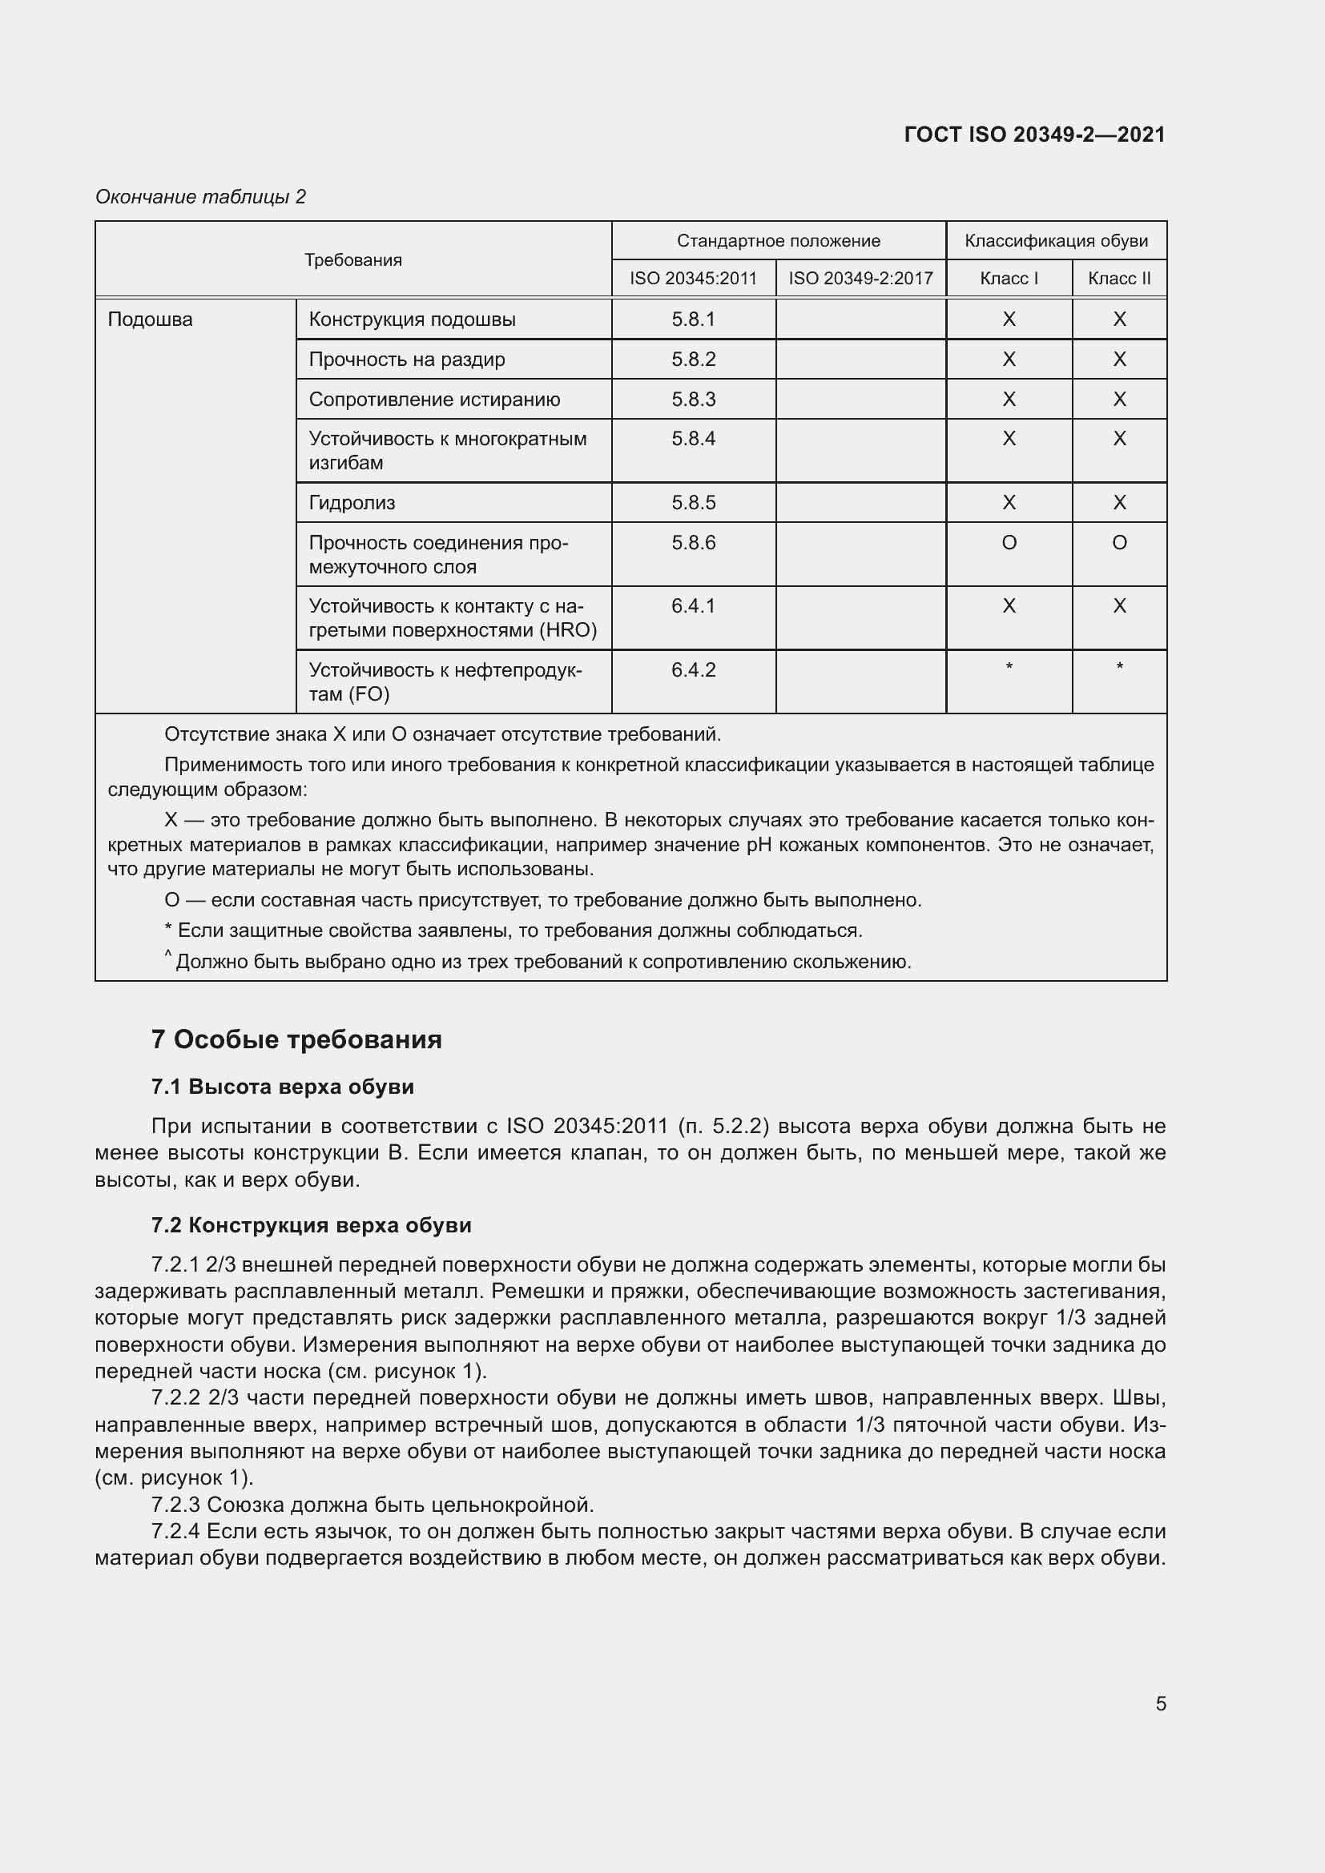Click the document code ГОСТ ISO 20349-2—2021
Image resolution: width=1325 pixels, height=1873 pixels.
(x=1033, y=135)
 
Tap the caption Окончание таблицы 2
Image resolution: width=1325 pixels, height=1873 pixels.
(x=200, y=197)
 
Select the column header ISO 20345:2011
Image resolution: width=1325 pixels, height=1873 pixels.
(x=693, y=278)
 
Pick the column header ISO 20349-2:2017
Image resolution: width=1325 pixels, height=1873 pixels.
(x=860, y=278)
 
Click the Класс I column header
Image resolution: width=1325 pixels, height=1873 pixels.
(x=1009, y=278)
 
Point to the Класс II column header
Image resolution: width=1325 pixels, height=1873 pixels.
(x=1118, y=278)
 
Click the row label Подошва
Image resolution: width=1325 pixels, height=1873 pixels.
(x=150, y=319)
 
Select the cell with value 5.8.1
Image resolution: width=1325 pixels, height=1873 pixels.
(x=693, y=319)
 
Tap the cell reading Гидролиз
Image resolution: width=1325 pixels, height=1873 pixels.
(x=352, y=503)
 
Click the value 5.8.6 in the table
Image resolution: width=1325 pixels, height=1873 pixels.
(x=693, y=542)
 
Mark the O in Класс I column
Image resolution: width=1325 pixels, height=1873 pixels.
(x=1009, y=542)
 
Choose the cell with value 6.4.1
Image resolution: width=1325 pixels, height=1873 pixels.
(x=693, y=606)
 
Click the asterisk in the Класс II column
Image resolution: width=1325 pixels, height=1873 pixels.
(x=1118, y=667)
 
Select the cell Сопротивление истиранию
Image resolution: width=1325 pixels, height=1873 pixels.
(x=434, y=399)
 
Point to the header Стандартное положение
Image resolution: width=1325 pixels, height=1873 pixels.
(x=778, y=241)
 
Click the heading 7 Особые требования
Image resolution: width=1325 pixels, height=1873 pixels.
(x=296, y=1039)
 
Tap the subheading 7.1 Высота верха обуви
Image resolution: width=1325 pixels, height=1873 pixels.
(x=282, y=1087)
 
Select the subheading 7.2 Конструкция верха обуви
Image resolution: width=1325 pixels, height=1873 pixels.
(x=311, y=1225)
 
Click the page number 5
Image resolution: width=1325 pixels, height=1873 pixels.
(x=1160, y=1703)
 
